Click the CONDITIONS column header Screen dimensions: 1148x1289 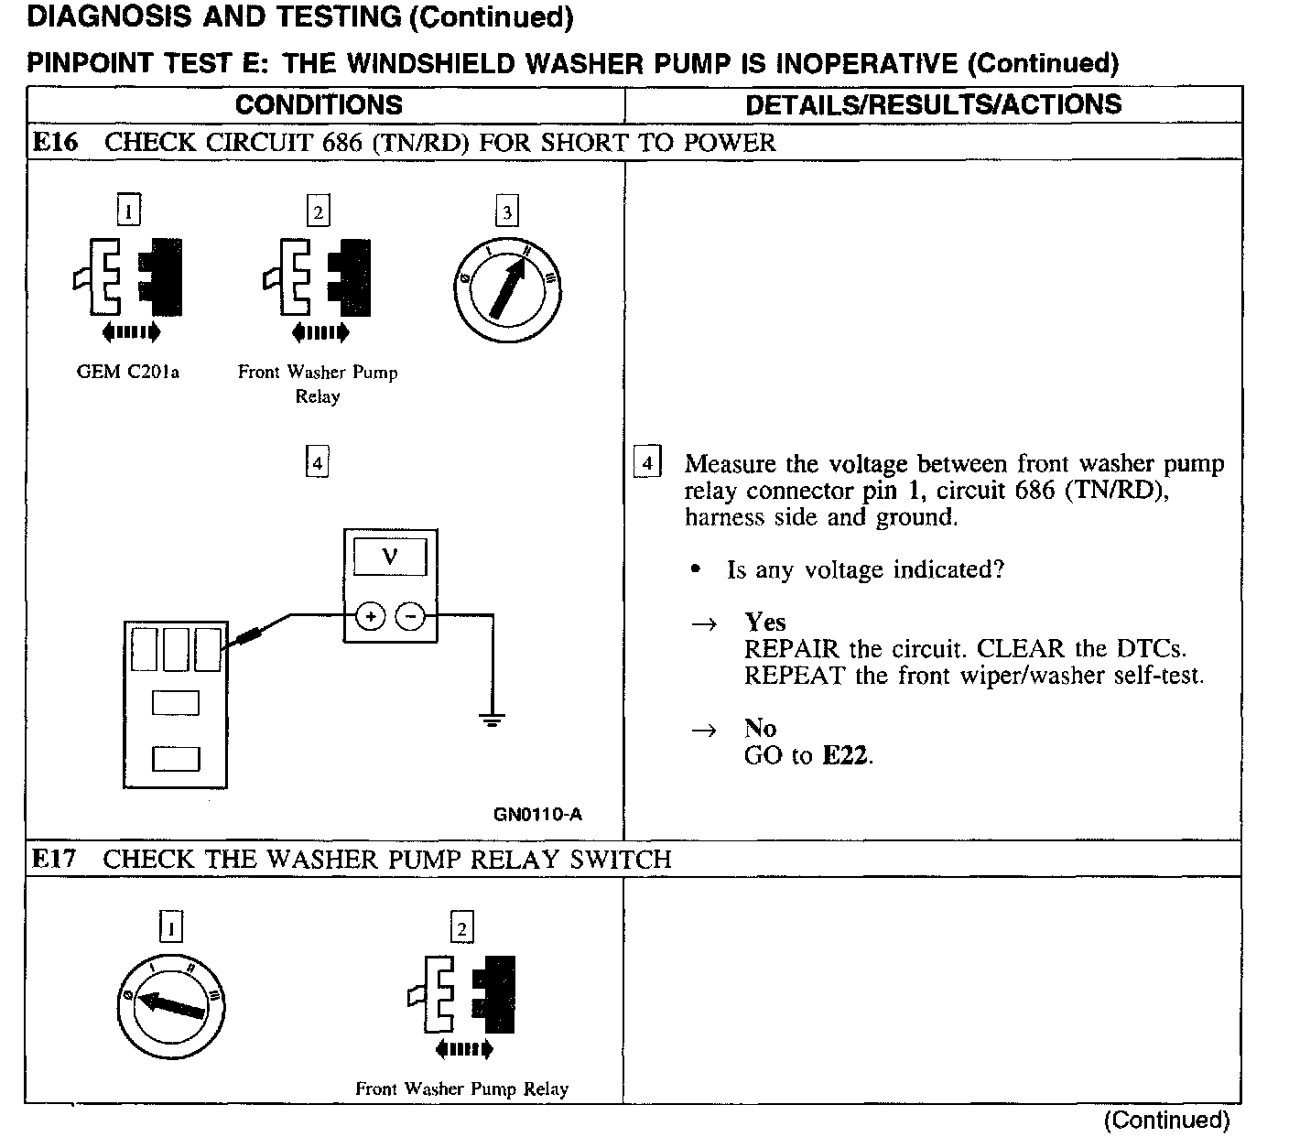[x=319, y=105]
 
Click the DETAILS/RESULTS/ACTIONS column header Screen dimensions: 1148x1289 [x=933, y=105]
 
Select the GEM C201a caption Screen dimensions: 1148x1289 [x=128, y=373]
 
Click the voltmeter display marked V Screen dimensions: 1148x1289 [x=390, y=558]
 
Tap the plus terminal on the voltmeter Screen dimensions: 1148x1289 [x=370, y=618]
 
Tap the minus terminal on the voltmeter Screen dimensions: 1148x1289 [x=410, y=618]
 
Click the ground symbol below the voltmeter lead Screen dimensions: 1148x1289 [x=493, y=719]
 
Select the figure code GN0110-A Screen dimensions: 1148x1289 [x=537, y=814]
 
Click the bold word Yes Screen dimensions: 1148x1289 [x=765, y=623]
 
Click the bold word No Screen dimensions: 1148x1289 [x=760, y=729]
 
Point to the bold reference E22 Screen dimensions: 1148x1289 [x=845, y=756]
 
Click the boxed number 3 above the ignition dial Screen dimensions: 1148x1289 [x=506, y=212]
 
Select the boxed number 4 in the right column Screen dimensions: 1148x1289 [x=646, y=463]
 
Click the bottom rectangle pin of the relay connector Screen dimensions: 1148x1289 [x=176, y=758]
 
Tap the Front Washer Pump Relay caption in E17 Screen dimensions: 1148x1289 [x=461, y=1089]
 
